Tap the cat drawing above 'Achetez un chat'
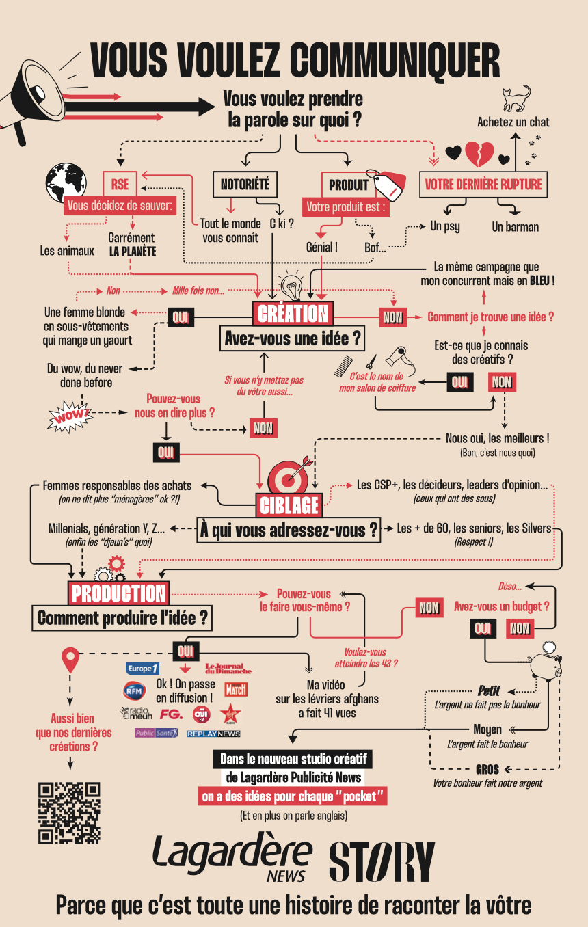516,98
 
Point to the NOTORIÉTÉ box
245,184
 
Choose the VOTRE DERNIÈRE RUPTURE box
483,184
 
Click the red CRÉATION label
293,314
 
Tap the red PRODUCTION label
118,593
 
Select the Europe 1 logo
142,669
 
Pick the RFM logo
135,690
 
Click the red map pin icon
70,659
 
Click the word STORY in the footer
382,861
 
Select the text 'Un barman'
515,227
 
